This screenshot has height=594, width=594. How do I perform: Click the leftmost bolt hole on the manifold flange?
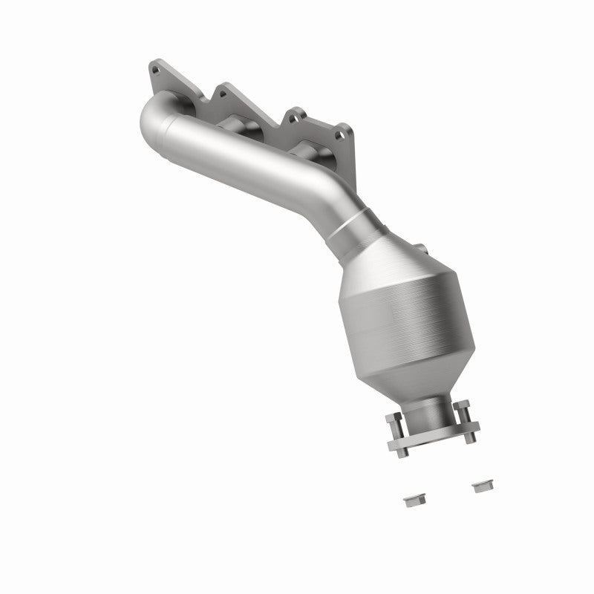pyautogui.click(x=154, y=71)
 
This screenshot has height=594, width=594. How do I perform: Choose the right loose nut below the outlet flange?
pyautogui.click(x=480, y=486)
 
